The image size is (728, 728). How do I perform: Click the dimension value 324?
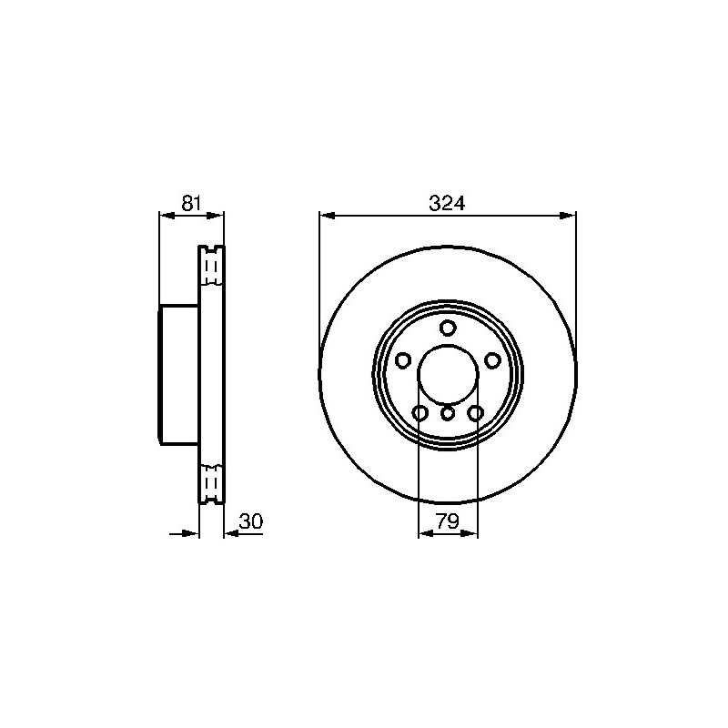(447, 203)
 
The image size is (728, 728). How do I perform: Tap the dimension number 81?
(191, 203)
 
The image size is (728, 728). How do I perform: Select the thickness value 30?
(251, 521)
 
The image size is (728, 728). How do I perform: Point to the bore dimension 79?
(448, 521)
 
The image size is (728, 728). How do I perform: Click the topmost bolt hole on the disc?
(448, 329)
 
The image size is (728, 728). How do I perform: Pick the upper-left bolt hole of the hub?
(402, 360)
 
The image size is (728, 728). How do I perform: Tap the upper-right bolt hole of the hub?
(492, 360)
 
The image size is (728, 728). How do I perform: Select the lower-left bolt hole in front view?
(420, 412)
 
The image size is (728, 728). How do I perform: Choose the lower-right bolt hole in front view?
(475, 412)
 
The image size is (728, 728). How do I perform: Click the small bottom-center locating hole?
(448, 412)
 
